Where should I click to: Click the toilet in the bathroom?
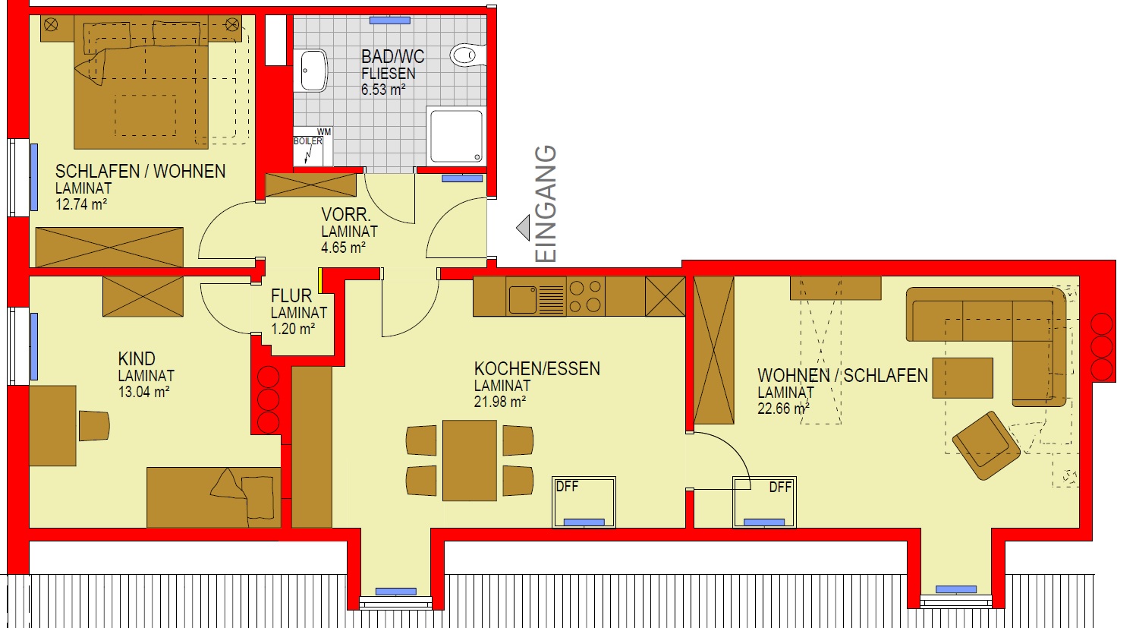tap(467, 55)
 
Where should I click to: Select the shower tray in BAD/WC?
tap(456, 136)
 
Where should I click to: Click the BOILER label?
tap(308, 141)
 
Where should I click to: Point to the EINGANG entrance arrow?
tap(523, 228)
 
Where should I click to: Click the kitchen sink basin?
tap(523, 299)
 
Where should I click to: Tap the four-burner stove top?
tap(585, 296)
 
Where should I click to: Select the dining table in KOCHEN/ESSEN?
tap(470, 460)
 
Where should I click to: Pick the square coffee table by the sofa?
tap(962, 378)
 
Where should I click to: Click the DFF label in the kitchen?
tap(567, 486)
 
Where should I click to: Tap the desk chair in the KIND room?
tap(94, 425)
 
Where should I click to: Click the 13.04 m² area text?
tap(143, 392)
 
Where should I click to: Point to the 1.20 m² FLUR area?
tap(293, 329)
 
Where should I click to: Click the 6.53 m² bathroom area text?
tap(383, 90)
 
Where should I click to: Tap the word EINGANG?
tap(546, 204)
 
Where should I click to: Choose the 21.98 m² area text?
tap(500, 402)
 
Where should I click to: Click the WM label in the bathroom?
tap(324, 132)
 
